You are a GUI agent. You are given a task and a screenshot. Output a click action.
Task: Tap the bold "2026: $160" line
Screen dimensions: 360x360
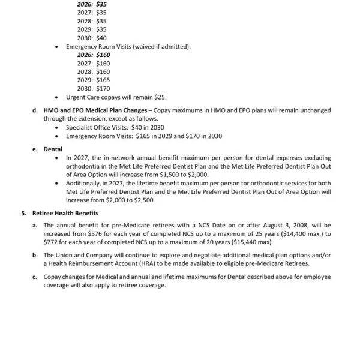(94, 55)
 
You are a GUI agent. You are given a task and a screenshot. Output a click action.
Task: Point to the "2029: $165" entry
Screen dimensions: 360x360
(94, 80)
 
